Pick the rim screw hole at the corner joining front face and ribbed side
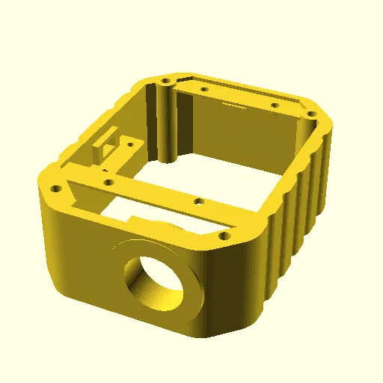(x=223, y=236)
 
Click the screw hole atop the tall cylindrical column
(x=164, y=79)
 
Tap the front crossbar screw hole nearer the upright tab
(x=108, y=182)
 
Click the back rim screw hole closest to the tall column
(x=204, y=89)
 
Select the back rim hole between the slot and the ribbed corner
(x=275, y=105)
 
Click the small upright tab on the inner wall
(x=98, y=147)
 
